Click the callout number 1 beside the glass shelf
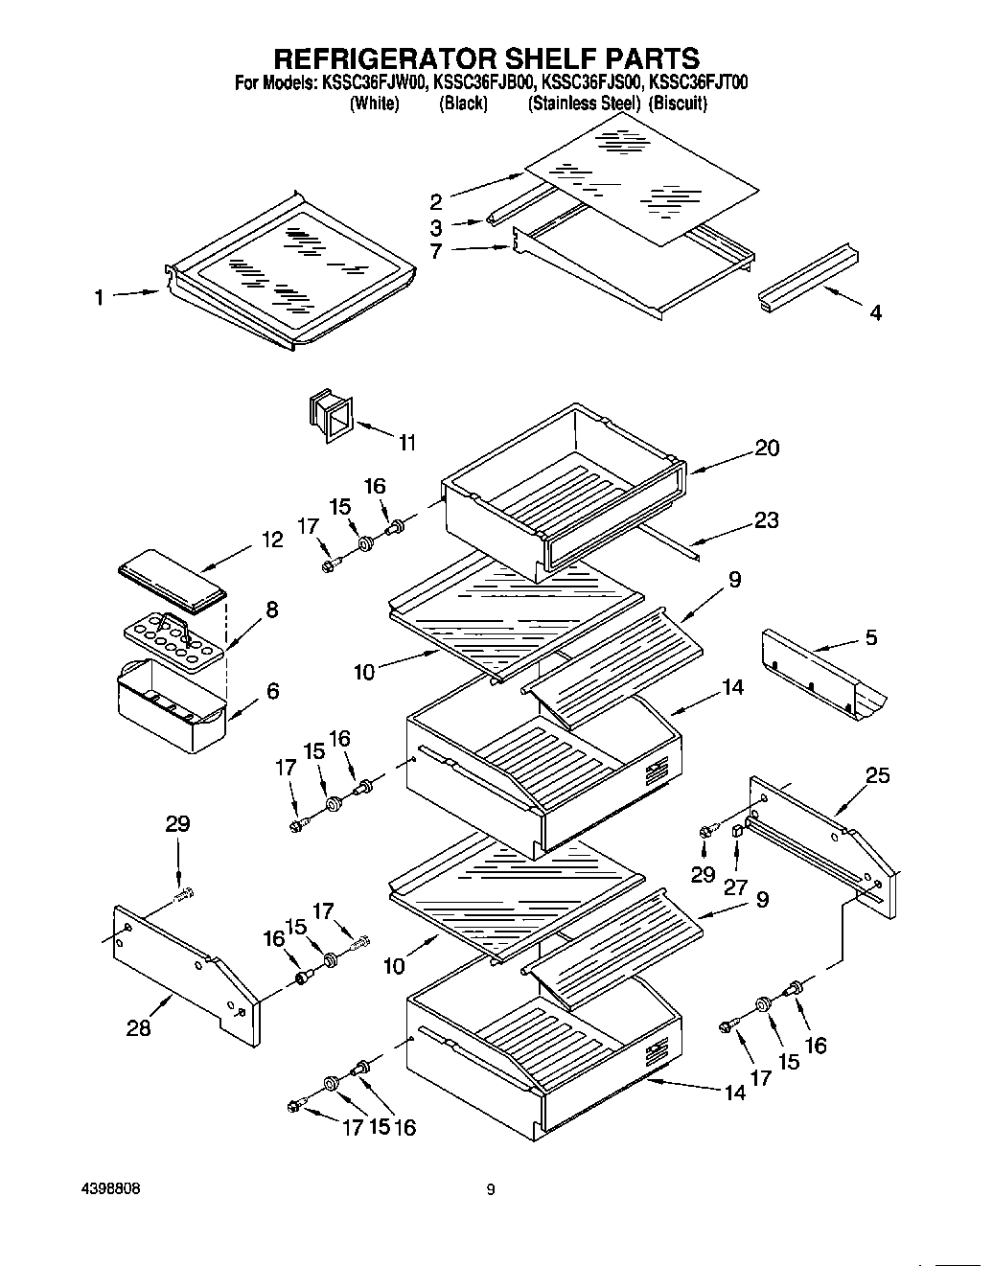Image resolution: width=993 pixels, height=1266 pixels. tap(99, 299)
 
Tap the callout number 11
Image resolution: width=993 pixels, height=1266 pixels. tap(407, 443)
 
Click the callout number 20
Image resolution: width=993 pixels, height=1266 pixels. tap(767, 448)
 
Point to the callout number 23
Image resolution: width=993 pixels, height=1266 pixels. tap(766, 520)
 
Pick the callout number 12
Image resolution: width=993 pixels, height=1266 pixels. tap(272, 541)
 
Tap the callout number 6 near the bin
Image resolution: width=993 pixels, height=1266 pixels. tap(273, 690)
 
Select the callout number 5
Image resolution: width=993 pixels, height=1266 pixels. tap(870, 637)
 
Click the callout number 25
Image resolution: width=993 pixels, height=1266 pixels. tap(878, 775)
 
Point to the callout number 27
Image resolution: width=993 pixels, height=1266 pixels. tap(735, 887)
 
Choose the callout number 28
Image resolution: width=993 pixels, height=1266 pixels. tap(138, 1028)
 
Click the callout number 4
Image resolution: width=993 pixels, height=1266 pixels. tap(875, 312)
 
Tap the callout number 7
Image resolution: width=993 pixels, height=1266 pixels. tap(435, 251)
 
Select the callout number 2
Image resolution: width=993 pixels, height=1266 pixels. tap(435, 201)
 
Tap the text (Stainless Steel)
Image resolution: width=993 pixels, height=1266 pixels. tap(584, 104)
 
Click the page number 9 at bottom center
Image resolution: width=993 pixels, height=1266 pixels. tap(491, 1190)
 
